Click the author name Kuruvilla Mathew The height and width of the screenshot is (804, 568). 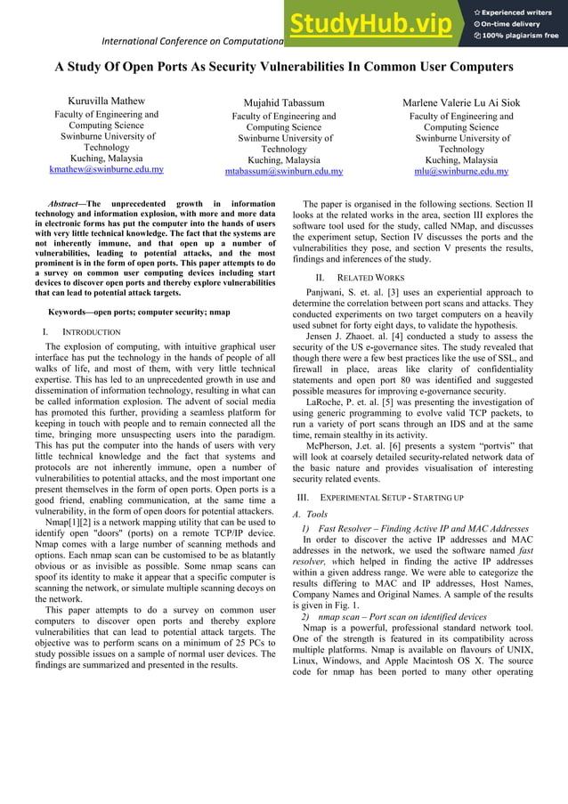pos(107,102)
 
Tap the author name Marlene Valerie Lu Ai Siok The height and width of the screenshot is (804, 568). pos(461,103)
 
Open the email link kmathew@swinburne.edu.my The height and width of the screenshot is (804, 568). pos(106,170)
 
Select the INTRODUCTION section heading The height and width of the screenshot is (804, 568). pos(88,332)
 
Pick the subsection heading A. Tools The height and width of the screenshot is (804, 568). pos(311,514)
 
